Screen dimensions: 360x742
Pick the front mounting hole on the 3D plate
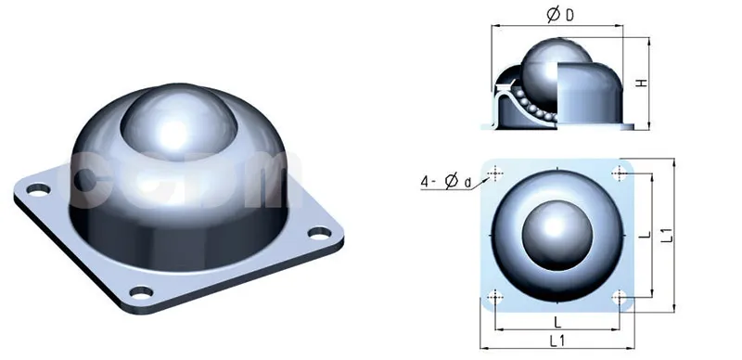141,293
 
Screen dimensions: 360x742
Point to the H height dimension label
641,84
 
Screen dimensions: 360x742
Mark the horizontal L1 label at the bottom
558,342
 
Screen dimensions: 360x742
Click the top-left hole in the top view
496,173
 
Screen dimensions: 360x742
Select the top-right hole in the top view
618,173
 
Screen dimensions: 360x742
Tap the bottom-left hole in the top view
496,299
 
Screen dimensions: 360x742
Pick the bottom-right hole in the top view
619,299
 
